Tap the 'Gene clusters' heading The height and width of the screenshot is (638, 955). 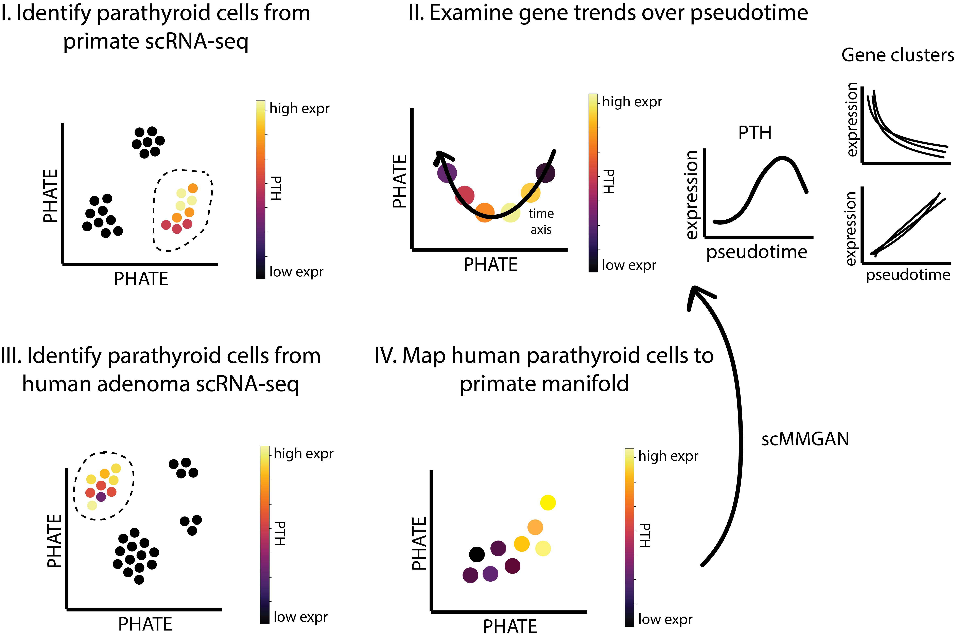(x=898, y=55)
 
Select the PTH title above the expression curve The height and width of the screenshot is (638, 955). (x=755, y=133)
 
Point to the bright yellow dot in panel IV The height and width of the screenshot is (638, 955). (x=548, y=503)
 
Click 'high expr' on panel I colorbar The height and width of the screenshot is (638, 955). (x=299, y=109)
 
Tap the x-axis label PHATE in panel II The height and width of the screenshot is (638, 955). (x=490, y=265)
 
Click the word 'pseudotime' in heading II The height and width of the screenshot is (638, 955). (x=749, y=13)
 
